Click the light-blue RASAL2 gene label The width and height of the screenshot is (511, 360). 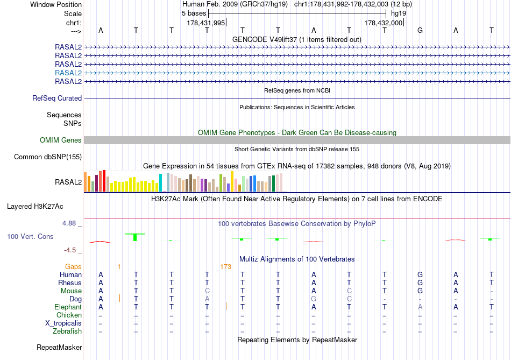tap(68, 73)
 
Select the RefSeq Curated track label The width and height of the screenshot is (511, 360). tap(57, 98)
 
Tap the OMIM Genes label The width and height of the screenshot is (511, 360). tap(61, 140)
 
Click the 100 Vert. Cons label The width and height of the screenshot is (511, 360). tap(30, 236)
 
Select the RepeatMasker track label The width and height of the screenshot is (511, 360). tap(59, 347)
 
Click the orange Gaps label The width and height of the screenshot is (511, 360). tap(73, 266)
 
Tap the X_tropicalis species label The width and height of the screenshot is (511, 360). tap(63, 323)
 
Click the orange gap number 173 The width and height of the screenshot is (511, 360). tap(225, 266)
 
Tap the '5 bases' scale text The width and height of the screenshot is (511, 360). tap(194, 13)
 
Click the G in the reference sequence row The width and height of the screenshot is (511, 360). tap(420, 31)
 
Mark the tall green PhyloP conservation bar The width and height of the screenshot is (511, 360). tap(135, 237)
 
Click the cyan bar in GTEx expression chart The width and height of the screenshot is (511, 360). tap(161, 183)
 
